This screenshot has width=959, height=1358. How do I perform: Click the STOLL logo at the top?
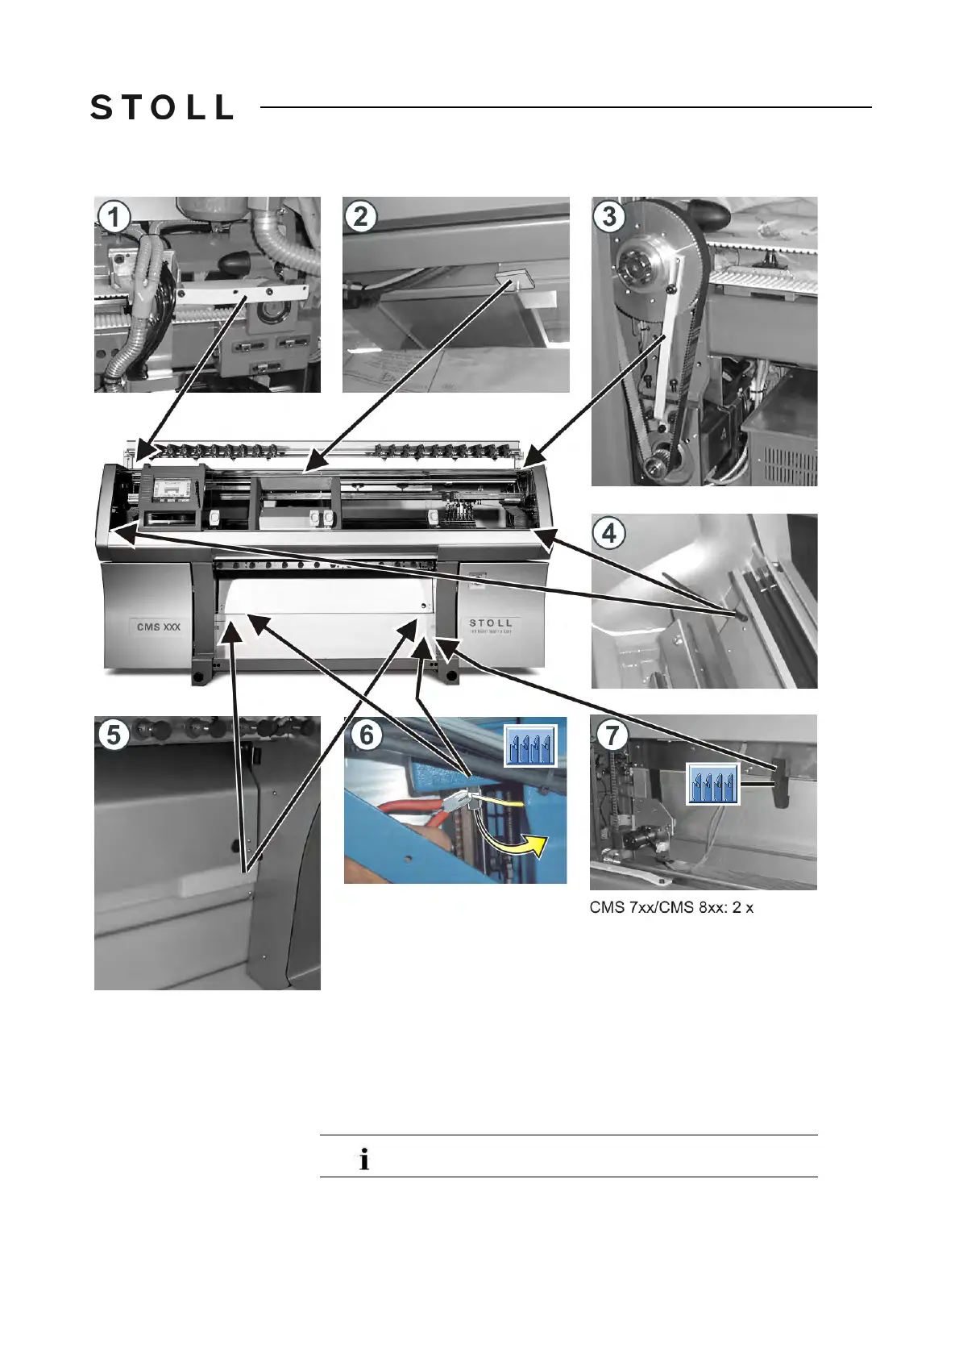click(x=162, y=107)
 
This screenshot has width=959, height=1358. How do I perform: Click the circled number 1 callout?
click(x=114, y=216)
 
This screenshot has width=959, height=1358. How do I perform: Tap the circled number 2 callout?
click(x=360, y=216)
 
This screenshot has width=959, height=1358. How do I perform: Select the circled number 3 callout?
click(x=609, y=216)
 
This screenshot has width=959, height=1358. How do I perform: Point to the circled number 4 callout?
click(x=609, y=533)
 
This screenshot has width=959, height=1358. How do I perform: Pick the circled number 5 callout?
click(x=114, y=735)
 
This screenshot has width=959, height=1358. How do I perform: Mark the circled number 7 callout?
click(x=612, y=735)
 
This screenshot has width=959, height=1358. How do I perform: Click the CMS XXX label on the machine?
click(x=159, y=627)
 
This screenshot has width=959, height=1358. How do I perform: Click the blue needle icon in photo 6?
click(x=530, y=746)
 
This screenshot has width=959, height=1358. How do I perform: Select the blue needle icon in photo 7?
click(x=713, y=783)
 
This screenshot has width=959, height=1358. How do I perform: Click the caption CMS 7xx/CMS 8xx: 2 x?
click(x=671, y=907)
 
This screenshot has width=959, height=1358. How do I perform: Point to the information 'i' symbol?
click(x=364, y=1160)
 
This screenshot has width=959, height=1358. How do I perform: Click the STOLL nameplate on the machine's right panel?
click(x=490, y=624)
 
